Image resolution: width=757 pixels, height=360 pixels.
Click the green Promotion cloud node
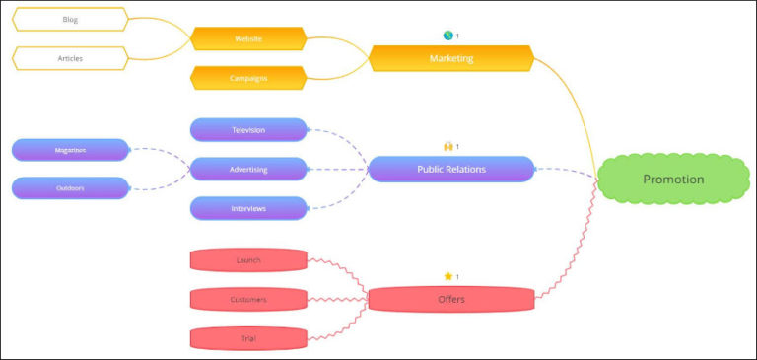coord(673,180)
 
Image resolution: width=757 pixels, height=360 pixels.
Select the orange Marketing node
coord(451,58)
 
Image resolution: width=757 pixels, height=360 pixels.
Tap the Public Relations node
coord(451,169)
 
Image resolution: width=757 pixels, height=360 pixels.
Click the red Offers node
coord(451,299)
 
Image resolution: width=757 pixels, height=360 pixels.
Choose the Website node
coord(248,38)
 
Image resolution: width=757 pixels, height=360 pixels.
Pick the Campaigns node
coord(248,77)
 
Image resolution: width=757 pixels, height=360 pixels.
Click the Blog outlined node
coord(70,20)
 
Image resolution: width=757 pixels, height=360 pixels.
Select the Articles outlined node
coord(70,58)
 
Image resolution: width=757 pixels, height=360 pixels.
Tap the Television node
coord(248,130)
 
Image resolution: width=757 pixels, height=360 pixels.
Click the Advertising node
coord(248,169)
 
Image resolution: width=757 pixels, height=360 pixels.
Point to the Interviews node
coord(248,208)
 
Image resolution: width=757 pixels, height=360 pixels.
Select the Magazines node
coord(70,150)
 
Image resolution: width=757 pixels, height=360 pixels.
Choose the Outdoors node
coord(70,187)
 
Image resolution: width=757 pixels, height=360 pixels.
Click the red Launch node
coord(248,260)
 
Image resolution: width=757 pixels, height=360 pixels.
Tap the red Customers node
coord(248,299)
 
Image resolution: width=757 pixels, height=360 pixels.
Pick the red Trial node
coord(248,338)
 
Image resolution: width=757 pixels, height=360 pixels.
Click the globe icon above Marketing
coord(447,36)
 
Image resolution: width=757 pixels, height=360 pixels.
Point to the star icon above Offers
coord(447,276)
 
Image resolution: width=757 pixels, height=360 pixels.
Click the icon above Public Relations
coord(447,146)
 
